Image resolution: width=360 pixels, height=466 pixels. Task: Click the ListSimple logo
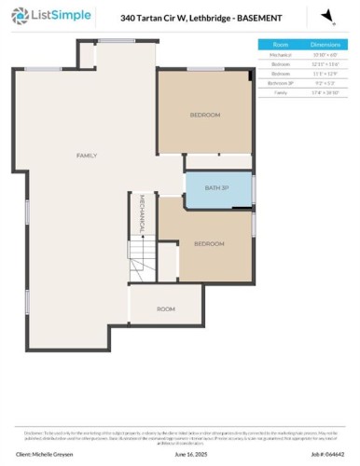click(x=41, y=16)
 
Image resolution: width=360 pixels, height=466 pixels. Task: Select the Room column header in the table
click(x=280, y=44)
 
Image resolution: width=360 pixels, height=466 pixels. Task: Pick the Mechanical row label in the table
click(x=280, y=54)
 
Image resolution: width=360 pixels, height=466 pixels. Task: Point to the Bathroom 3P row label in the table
click(x=280, y=83)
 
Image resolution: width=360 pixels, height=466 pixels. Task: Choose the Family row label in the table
click(x=280, y=92)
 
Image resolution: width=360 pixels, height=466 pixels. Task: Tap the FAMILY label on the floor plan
click(x=87, y=155)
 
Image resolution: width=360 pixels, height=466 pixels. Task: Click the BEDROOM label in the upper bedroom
click(x=205, y=115)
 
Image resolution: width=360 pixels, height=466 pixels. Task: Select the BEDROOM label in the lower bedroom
click(x=209, y=243)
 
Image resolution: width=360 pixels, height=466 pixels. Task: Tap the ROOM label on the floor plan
click(x=165, y=308)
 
